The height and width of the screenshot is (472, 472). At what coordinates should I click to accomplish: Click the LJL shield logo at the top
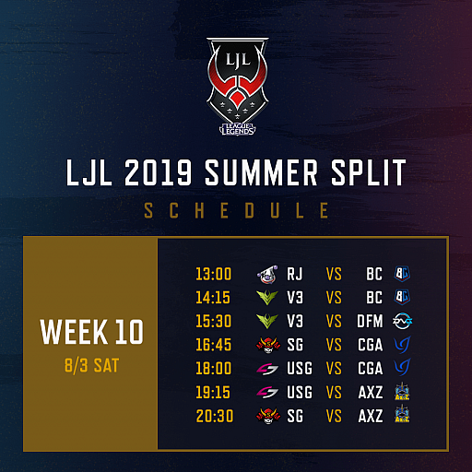pos(236,78)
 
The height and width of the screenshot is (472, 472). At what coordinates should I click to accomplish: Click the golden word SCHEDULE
pos(236,211)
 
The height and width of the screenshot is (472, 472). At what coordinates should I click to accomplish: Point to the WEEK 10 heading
pos(90,330)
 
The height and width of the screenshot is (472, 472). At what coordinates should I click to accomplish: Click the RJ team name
pos(295,273)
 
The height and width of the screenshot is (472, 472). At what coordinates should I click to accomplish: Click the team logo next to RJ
pos(267,273)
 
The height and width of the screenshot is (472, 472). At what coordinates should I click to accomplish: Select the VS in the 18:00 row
pos(335,368)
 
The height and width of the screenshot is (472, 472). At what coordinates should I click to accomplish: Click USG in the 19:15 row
pos(300,391)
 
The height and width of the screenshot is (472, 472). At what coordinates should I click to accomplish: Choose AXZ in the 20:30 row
pos(372,415)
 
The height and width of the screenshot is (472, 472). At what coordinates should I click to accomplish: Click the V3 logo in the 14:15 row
pos(267,297)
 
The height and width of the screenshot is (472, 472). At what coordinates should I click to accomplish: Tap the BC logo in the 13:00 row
pos(402,273)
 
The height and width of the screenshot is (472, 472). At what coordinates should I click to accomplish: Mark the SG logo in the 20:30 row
pos(267,415)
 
